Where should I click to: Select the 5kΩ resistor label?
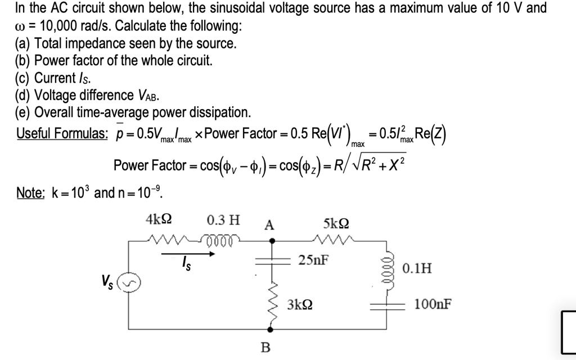pyautogui.click(x=336, y=223)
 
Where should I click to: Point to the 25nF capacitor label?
pyautogui.click(x=314, y=260)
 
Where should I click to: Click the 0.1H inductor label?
pyautogui.click(x=417, y=268)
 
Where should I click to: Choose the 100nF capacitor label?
pyautogui.click(x=432, y=305)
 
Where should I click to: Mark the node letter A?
pyautogui.click(x=269, y=226)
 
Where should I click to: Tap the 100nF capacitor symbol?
pyautogui.click(x=387, y=305)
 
